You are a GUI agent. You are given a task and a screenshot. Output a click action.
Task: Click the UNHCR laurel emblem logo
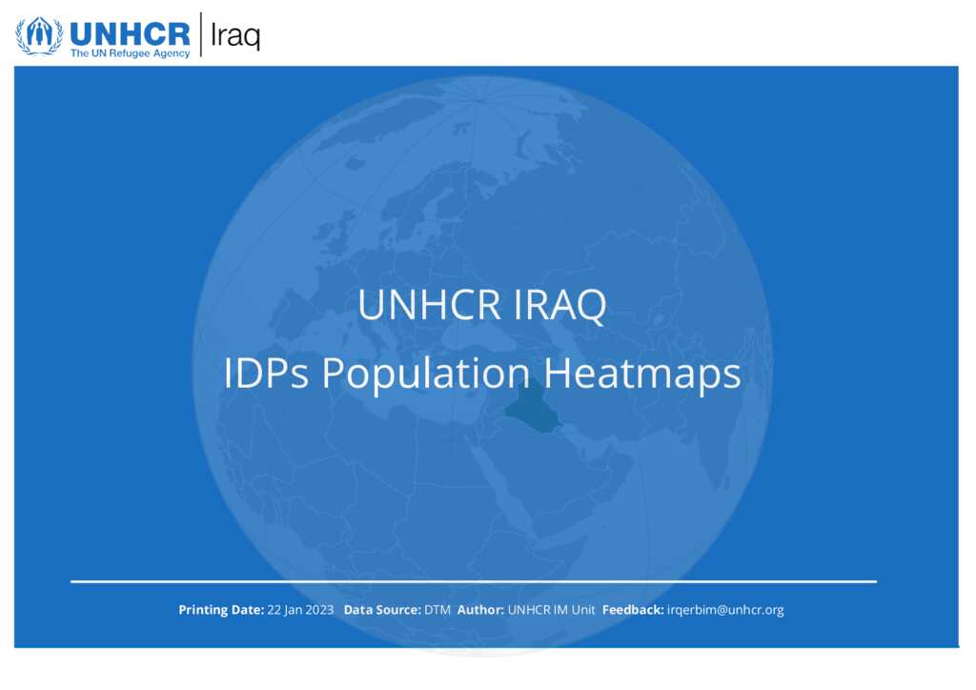[39, 35]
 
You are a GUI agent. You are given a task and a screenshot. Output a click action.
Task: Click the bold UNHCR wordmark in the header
[130, 33]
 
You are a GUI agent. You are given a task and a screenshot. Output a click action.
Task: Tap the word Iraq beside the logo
[235, 36]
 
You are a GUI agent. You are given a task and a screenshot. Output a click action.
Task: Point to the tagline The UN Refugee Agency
[130, 53]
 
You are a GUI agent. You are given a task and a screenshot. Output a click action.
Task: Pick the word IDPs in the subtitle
[266, 374]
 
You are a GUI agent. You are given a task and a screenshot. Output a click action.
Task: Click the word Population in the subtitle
[426, 375]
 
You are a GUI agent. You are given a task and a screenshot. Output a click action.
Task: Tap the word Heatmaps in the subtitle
[642, 375]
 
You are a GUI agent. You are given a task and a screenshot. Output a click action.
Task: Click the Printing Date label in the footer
[221, 610]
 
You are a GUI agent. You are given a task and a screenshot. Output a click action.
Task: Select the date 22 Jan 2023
[300, 610]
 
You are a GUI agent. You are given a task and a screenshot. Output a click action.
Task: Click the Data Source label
[382, 610]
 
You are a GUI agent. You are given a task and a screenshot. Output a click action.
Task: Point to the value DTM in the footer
[437, 610]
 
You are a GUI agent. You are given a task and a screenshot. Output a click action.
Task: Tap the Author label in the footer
[480, 610]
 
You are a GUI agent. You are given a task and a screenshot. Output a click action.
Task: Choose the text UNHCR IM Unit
[552, 610]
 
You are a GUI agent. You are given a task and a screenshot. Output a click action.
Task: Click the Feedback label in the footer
[633, 610]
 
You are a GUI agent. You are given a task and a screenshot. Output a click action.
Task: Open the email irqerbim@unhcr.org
[725, 610]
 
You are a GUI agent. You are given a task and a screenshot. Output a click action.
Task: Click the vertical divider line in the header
[201, 34]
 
